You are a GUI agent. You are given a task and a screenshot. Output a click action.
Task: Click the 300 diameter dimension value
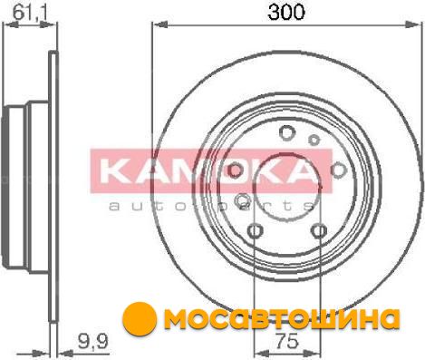point(286,12)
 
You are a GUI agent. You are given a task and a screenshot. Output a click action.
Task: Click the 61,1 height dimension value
point(31,13)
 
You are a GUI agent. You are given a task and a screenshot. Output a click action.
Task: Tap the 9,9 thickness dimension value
point(92,342)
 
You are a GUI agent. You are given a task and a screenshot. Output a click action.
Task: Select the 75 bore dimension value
point(287,342)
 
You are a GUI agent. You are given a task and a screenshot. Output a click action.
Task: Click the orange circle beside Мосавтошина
point(140,317)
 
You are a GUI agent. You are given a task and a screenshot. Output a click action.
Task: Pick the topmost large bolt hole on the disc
point(286,132)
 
